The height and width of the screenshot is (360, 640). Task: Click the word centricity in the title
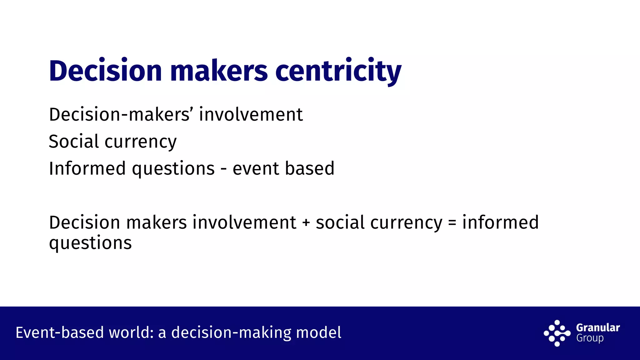tap(338, 71)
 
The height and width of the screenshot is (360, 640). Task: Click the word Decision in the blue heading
tap(105, 71)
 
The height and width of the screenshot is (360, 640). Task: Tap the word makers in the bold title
tap(219, 71)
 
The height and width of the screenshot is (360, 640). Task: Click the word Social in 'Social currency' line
tap(74, 142)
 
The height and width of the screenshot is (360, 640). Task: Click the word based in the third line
tap(310, 169)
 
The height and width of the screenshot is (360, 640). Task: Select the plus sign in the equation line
tap(306, 223)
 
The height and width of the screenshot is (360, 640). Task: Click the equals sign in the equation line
tap(452, 223)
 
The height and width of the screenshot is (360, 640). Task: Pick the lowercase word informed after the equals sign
tap(500, 222)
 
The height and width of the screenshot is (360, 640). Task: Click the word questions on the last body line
tap(90, 243)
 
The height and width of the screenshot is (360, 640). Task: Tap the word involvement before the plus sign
tap(244, 222)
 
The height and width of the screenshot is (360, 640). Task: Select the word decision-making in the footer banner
tap(232, 332)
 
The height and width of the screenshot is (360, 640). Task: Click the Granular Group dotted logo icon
tap(557, 333)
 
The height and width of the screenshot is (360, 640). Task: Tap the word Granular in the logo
tap(598, 327)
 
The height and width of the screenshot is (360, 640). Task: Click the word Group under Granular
tap(590, 338)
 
